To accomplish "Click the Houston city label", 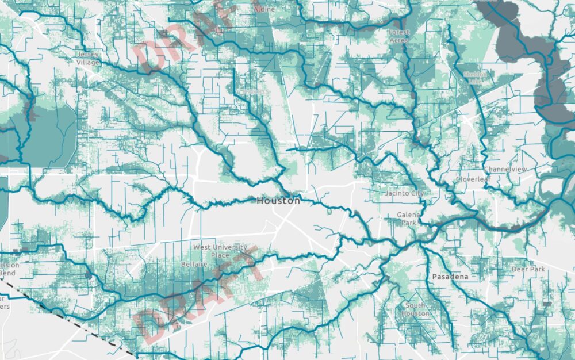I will [278, 201].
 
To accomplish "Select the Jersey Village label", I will [88, 58].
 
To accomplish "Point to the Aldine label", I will [264, 10].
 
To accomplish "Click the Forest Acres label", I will [398, 36].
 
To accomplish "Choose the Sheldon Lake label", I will [476, 78].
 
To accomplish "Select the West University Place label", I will [220, 251].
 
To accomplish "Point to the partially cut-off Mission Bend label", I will [9, 269].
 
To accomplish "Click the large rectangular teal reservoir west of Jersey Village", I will [52, 135].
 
